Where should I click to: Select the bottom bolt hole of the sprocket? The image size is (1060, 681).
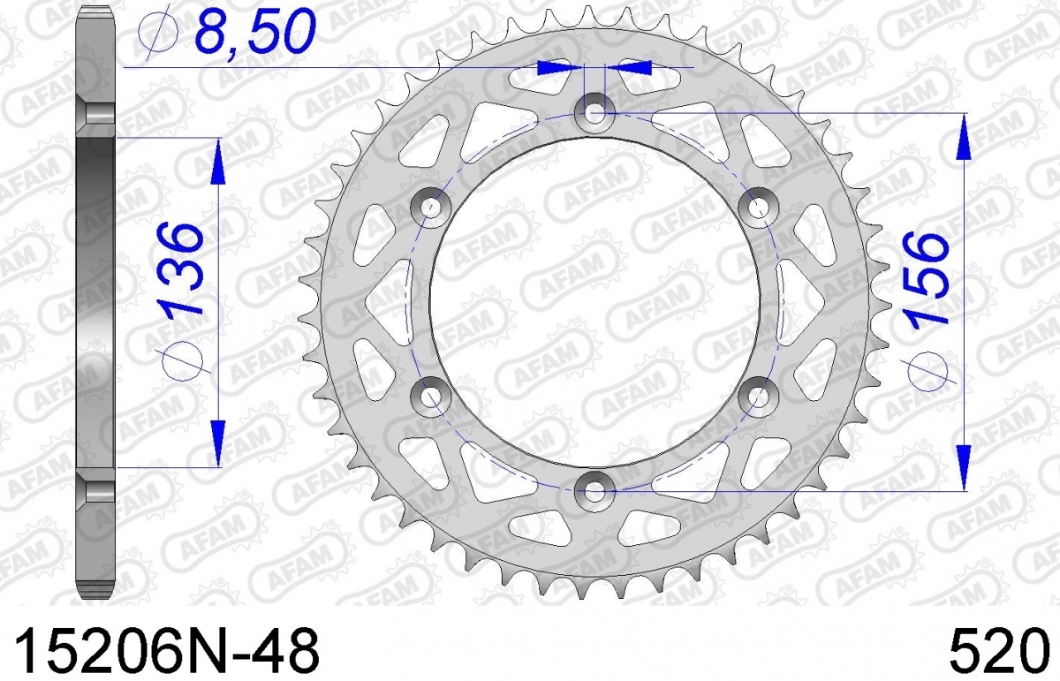point(594,491)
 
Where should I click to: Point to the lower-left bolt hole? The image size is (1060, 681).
point(431,397)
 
